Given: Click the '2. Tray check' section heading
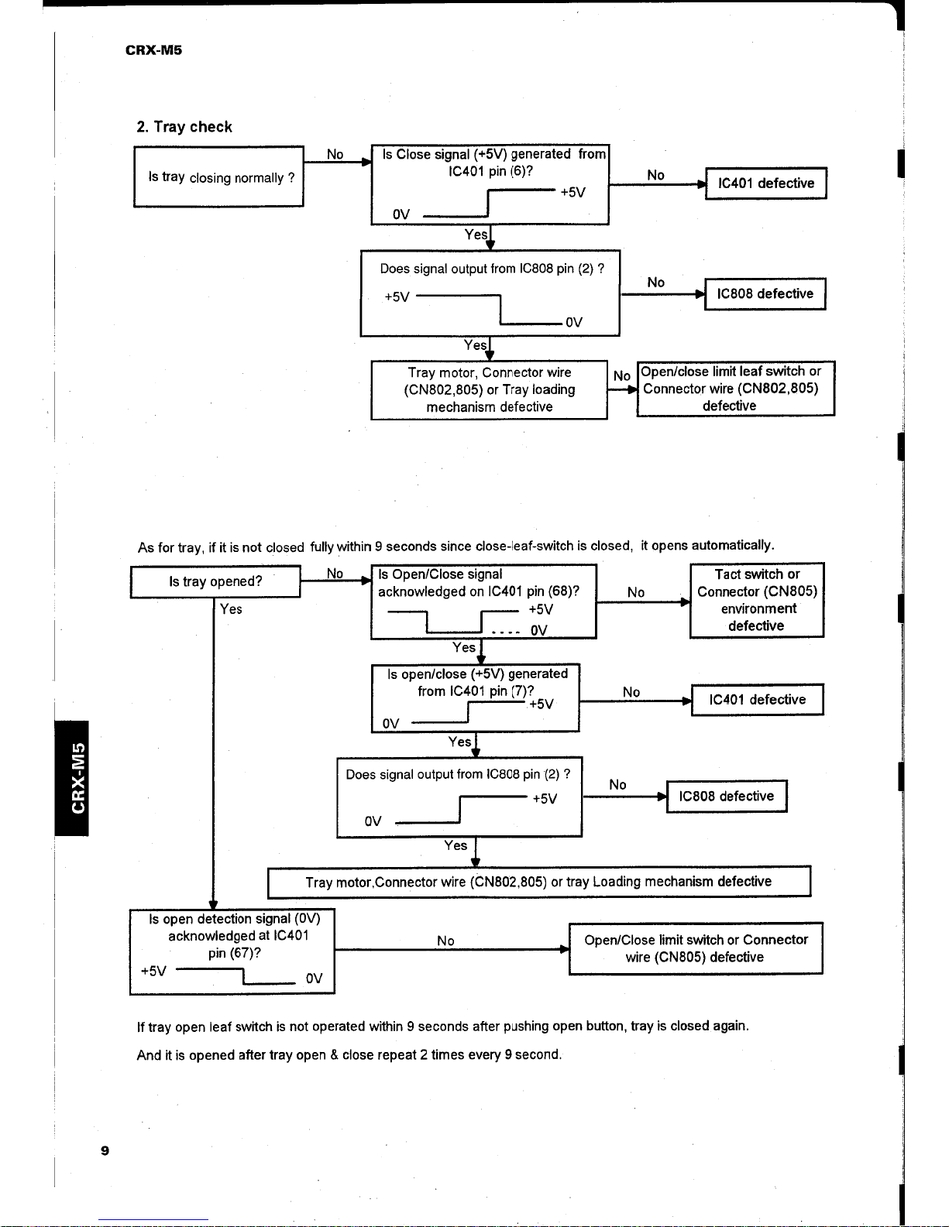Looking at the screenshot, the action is (x=184, y=126).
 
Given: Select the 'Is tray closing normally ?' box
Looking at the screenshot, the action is (x=218, y=177).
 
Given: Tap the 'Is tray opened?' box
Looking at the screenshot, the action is (x=215, y=581).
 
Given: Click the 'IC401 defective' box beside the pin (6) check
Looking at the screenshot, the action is (x=766, y=183).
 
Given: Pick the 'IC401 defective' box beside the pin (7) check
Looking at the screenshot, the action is (x=758, y=700).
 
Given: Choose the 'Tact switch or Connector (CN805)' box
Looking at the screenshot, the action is (x=757, y=600).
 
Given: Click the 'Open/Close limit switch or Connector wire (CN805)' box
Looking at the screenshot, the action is (x=696, y=948).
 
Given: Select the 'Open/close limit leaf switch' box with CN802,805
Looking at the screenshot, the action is (x=736, y=389).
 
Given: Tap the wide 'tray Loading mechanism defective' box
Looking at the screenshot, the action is (x=539, y=882).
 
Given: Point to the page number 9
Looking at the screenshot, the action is (x=105, y=1150).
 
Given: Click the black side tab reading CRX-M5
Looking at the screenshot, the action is (x=72, y=778).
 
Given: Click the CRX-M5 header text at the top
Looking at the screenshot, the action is (x=153, y=50).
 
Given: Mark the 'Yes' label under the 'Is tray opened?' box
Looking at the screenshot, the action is (x=231, y=608).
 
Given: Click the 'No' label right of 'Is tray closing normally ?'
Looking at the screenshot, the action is (x=335, y=154).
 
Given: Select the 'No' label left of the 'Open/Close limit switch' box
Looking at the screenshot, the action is (x=445, y=941).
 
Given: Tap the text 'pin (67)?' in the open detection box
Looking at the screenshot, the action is (x=235, y=953).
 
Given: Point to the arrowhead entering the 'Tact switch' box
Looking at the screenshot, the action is (x=685, y=602).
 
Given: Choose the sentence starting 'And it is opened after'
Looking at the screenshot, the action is (x=349, y=1055).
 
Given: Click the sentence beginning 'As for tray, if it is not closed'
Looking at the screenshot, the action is (x=456, y=546).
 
